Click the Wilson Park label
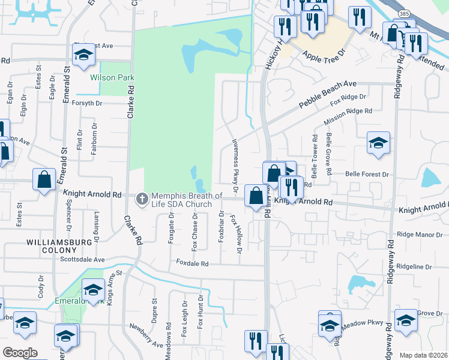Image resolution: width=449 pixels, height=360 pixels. tap(112, 77)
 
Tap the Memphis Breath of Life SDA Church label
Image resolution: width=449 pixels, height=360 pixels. tap(186, 200)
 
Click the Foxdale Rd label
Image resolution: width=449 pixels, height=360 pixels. tap(192, 263)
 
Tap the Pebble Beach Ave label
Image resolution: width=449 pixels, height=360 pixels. tap(328, 95)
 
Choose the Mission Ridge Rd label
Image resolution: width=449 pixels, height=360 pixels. tap(348, 116)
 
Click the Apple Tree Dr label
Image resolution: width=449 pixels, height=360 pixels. tap(325, 56)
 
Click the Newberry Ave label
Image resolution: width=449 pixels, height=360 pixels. tap(145, 340)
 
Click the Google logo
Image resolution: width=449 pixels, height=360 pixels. tap(20, 353)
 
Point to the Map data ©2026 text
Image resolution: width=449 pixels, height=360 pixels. tap(423, 355)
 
